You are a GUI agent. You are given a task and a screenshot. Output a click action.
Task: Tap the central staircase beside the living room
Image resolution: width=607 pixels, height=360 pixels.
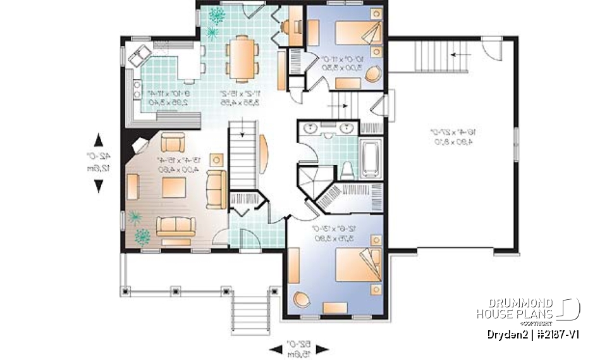click(x=243, y=156)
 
